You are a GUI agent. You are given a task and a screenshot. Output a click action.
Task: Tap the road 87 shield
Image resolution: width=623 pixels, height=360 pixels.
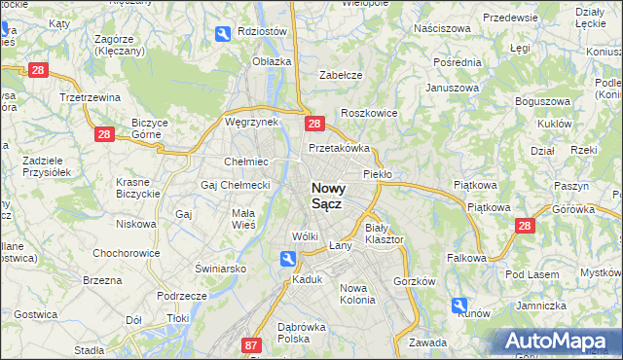coord(252,344)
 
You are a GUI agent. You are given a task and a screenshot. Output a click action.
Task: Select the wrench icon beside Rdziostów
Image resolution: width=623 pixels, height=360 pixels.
coord(223,34)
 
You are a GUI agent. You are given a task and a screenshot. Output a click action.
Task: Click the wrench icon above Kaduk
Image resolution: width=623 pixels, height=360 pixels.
coord(288,258)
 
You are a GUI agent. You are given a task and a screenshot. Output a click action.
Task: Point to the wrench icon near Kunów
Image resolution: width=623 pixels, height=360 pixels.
coord(459,306)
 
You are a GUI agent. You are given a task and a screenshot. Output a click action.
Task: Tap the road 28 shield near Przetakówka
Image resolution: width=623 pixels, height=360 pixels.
coord(313,124)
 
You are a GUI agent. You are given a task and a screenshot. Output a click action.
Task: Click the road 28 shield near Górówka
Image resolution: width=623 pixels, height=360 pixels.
coord(525,226)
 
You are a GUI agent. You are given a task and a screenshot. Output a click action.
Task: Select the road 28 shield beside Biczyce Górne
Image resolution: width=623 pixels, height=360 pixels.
coord(104,135)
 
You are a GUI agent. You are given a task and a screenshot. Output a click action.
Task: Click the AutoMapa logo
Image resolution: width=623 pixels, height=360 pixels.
coord(559,340)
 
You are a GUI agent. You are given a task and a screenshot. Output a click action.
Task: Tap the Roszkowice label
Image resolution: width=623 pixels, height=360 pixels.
coord(369,113)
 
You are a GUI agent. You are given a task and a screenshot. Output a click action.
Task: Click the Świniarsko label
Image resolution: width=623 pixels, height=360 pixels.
coord(217,268)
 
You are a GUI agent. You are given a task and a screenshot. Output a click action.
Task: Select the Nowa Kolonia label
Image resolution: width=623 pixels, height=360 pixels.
coord(357,294)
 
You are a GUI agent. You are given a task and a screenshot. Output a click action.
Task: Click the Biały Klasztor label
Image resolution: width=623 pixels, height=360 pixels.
coord(384,233)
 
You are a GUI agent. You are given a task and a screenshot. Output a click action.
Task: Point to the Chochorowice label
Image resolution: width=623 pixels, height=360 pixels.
coord(126,251)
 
